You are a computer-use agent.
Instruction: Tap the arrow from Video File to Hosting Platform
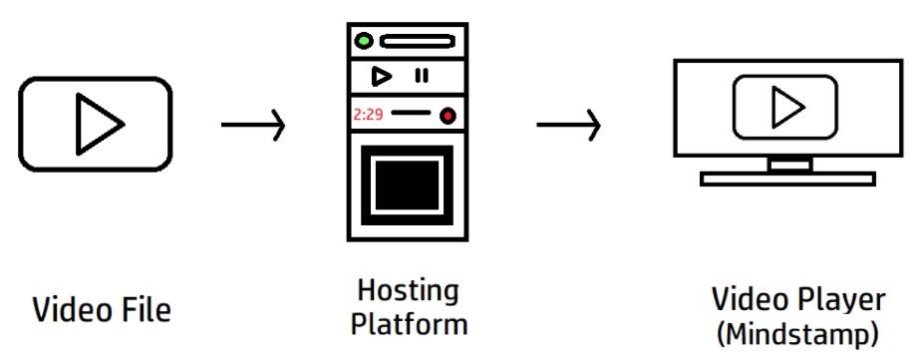tap(253, 126)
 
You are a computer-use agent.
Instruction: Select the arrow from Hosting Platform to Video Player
tap(568, 126)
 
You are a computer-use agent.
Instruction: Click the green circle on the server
tap(365, 42)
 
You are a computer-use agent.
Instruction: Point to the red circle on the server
tap(448, 116)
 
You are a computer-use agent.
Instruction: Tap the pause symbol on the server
tap(422, 75)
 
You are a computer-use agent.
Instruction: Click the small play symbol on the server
tap(380, 75)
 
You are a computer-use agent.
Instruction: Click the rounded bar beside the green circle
tap(417, 42)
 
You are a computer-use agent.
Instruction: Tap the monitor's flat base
tap(787, 180)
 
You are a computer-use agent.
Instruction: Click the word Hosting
tap(408, 292)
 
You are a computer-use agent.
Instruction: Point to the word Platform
tap(408, 325)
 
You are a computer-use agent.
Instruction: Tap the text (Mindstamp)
tap(797, 334)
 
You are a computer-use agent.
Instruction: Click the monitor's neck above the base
tap(787, 165)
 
